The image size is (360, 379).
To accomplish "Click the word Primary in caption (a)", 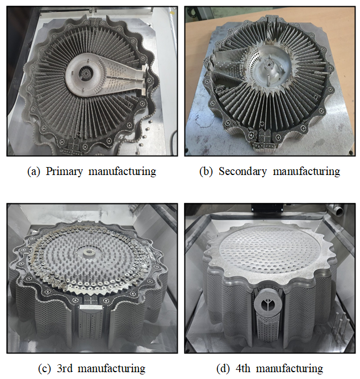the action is click(x=64, y=172).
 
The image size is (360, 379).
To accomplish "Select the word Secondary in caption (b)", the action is click(x=242, y=172).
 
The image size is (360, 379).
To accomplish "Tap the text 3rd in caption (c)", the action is click(x=65, y=368).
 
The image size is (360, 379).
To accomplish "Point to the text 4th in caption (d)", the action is click(x=243, y=368).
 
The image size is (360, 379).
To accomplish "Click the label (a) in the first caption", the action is click(x=34, y=172).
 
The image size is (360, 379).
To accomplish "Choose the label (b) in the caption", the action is click(x=206, y=172).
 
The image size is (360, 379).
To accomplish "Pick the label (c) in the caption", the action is click(x=44, y=369).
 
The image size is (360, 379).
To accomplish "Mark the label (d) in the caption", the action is click(x=223, y=369).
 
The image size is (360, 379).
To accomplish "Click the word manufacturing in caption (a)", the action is click(x=123, y=172).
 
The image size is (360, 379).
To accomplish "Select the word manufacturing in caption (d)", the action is click(x=290, y=369).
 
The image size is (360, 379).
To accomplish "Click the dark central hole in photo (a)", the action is click(x=86, y=72).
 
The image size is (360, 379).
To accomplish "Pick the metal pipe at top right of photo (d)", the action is click(x=336, y=210).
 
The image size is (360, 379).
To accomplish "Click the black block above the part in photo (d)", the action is click(x=267, y=208).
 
